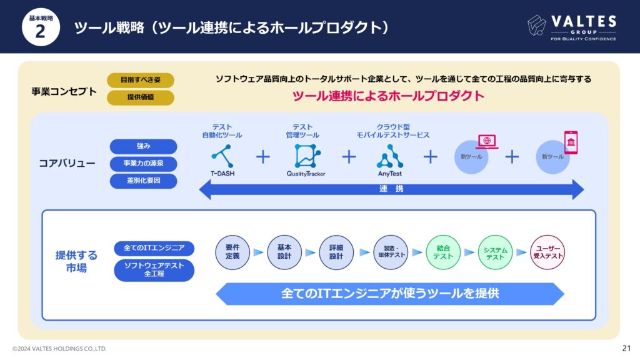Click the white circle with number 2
click(x=41, y=27)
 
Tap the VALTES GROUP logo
click(x=571, y=27)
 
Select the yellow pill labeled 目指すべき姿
click(x=141, y=80)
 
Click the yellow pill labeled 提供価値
click(x=141, y=97)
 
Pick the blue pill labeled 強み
click(x=143, y=146)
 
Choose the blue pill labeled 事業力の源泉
click(x=143, y=164)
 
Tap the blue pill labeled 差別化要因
click(x=143, y=181)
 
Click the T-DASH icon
click(x=222, y=156)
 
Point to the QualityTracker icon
click(x=307, y=156)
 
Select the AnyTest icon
click(x=390, y=156)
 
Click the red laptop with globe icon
click(x=487, y=142)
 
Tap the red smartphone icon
click(x=571, y=142)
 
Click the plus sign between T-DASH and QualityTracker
click(x=263, y=157)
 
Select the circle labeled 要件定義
click(x=232, y=252)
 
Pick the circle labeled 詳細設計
click(x=336, y=252)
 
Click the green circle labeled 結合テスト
click(x=443, y=252)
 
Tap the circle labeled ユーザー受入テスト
click(x=547, y=252)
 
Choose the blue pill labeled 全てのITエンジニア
click(x=154, y=248)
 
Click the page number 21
click(x=626, y=348)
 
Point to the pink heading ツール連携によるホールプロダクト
click(x=388, y=96)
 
